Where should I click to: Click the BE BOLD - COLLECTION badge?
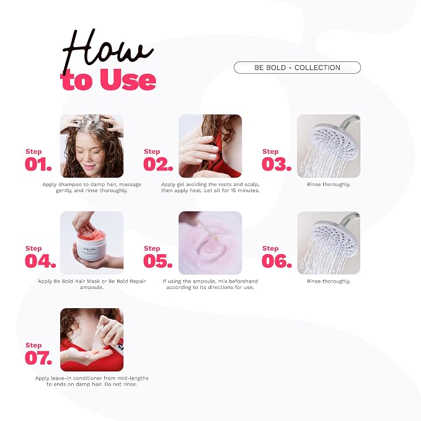click(297, 68)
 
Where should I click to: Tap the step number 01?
click(38, 164)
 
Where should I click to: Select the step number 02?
click(158, 164)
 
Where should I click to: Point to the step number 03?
click(277, 164)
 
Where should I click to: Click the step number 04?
click(40, 261)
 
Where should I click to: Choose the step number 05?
click(158, 261)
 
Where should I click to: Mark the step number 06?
click(277, 261)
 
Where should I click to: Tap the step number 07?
click(38, 358)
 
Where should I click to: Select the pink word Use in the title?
click(128, 79)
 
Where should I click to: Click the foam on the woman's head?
click(90, 123)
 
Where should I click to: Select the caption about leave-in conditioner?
click(92, 381)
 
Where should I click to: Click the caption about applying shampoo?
click(92, 187)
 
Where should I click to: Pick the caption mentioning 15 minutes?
click(210, 187)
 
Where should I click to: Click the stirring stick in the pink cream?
click(206, 229)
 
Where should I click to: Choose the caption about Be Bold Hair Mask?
click(92, 284)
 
